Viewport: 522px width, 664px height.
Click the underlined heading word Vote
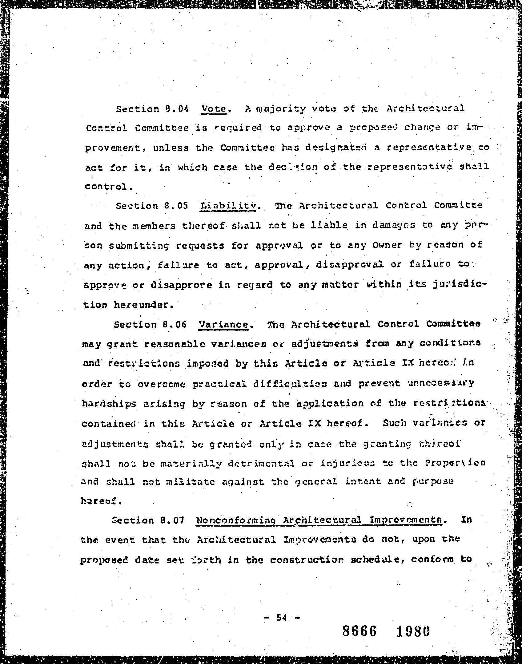click(x=214, y=109)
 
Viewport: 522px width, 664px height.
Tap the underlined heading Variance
click(x=223, y=325)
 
